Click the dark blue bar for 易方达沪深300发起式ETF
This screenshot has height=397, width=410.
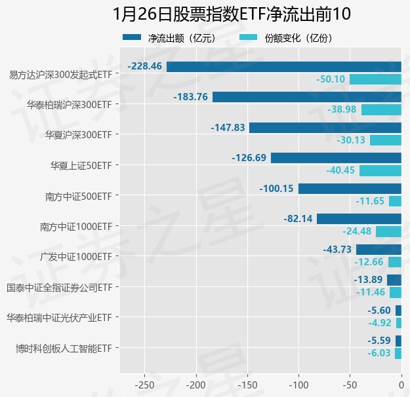click(x=283, y=66)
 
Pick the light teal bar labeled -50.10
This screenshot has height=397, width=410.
click(x=375, y=79)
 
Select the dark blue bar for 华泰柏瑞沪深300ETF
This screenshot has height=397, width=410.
click(x=306, y=97)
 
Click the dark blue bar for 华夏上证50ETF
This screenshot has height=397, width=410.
click(x=336, y=158)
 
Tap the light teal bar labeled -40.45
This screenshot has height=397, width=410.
click(x=380, y=170)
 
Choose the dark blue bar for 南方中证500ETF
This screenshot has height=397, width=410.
click(x=350, y=188)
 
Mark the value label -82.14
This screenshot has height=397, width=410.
click(x=298, y=219)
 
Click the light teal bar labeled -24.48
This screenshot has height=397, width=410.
click(x=388, y=231)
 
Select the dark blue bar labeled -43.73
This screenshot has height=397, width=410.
click(x=379, y=249)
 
